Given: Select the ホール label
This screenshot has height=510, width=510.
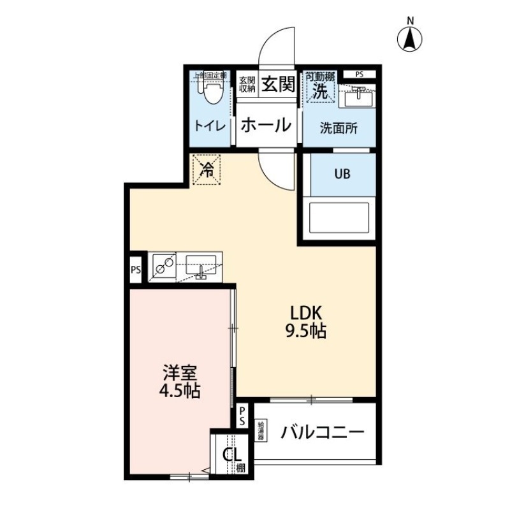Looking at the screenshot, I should (266, 125).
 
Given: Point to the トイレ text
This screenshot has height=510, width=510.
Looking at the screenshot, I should (210, 126).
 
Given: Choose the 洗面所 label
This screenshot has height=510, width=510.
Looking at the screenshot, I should (339, 126).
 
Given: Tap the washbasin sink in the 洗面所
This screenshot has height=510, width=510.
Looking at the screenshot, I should (358, 96).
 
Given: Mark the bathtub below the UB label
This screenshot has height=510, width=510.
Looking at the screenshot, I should (339, 218).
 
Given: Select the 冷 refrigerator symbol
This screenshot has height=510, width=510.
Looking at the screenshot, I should (207, 170).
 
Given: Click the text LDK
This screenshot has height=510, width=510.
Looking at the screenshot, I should (309, 313).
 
